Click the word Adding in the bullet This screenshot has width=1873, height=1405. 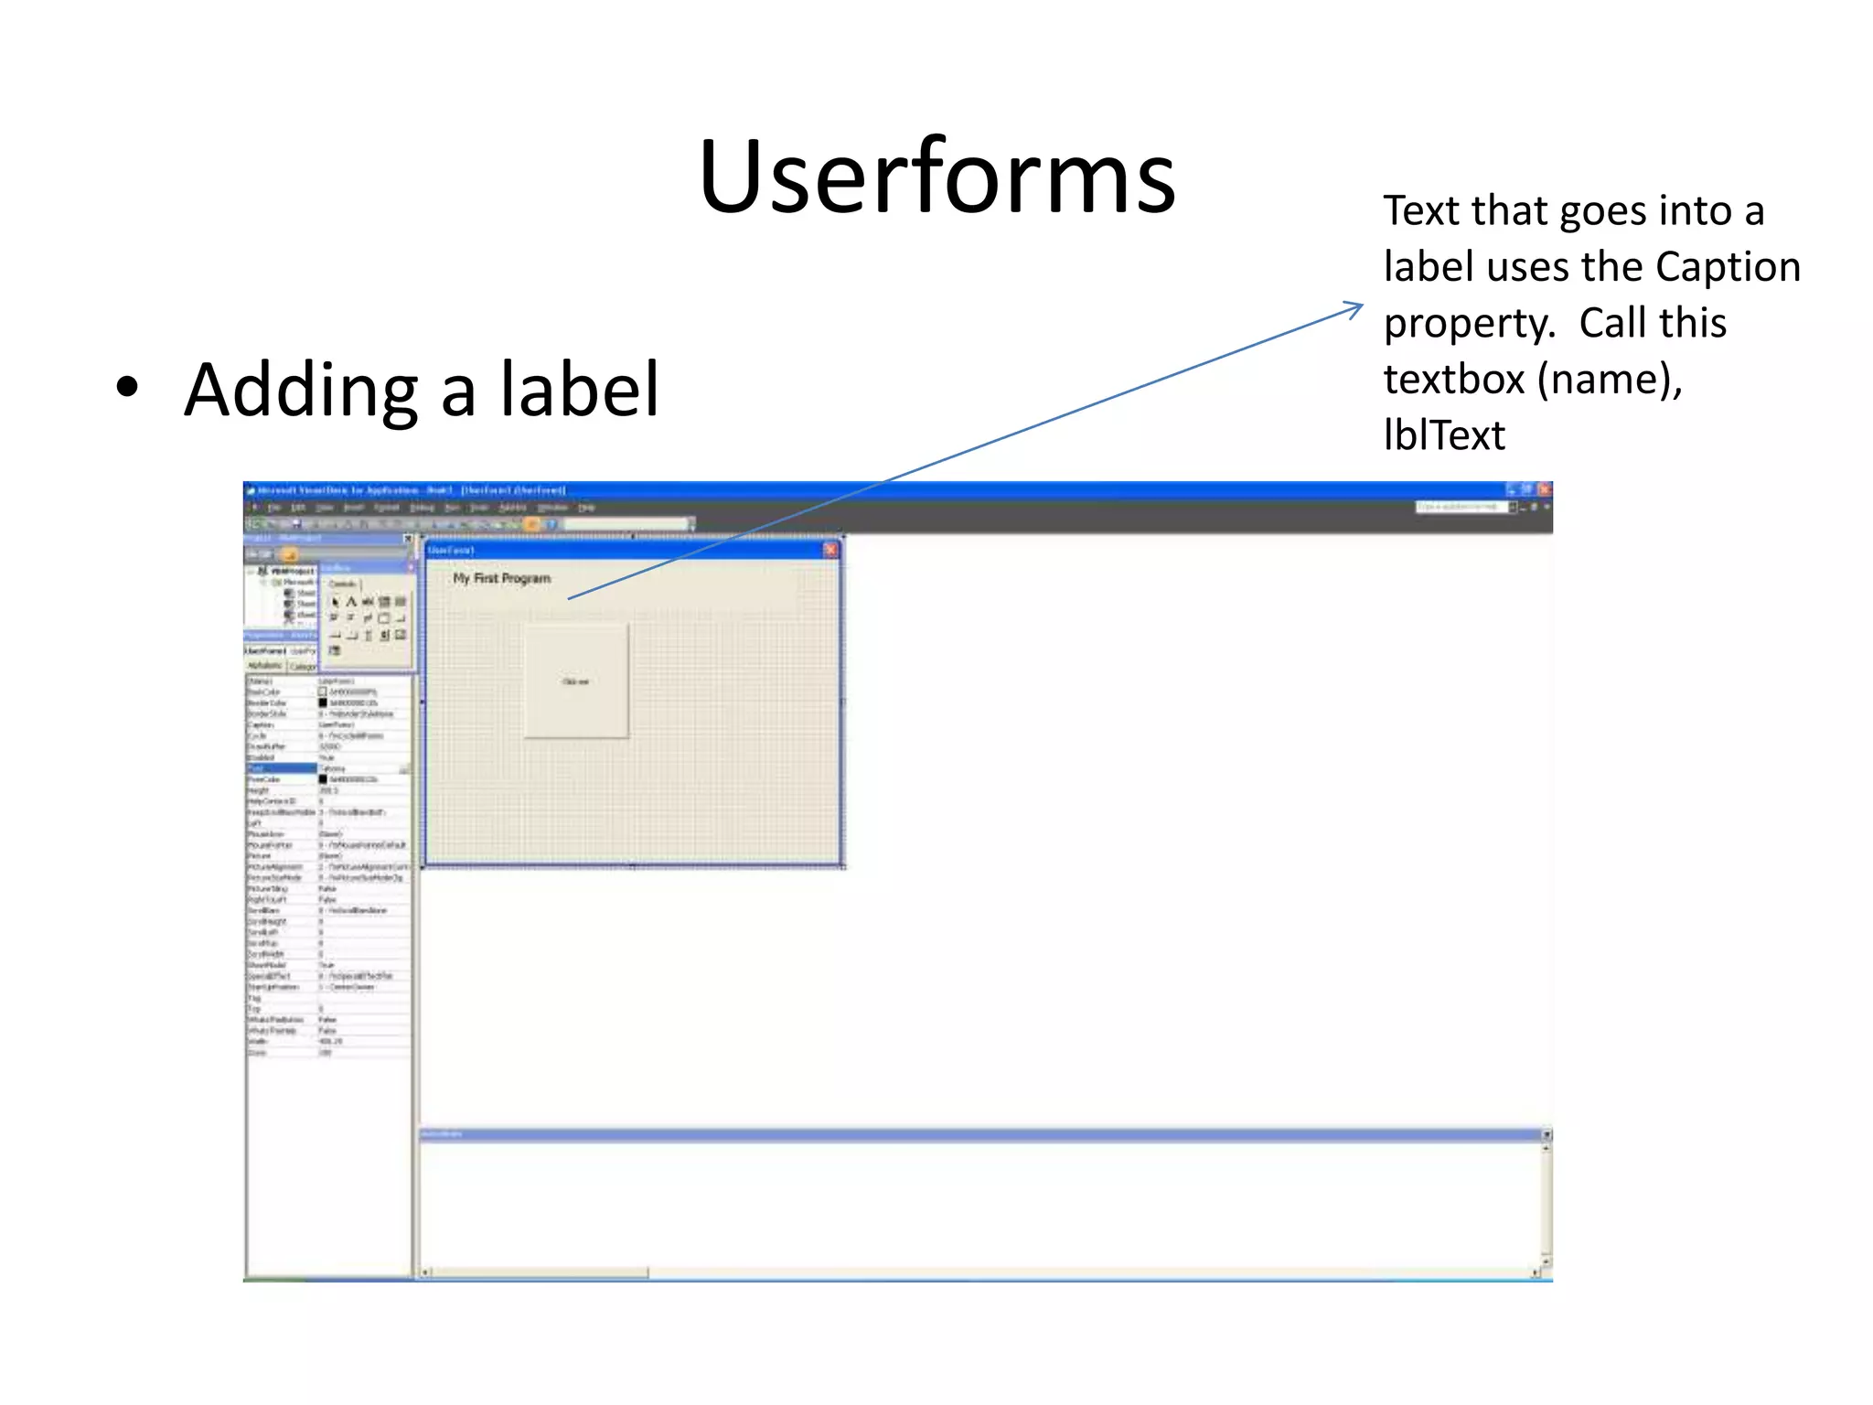[301, 391]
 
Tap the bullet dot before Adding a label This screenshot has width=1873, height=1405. [127, 387]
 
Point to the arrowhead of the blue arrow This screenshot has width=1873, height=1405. [1359, 306]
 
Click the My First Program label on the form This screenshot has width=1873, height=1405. [501, 578]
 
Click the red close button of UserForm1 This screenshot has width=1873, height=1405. [830, 550]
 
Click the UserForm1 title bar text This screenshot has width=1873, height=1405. [451, 551]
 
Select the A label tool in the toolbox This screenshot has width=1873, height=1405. [350, 602]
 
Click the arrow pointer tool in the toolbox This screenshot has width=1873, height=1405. [335, 602]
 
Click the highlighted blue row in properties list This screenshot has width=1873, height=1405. [281, 768]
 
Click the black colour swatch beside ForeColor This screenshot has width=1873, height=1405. [323, 779]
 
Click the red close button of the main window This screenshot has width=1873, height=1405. [1544, 490]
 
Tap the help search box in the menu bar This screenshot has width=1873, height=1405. [1460, 507]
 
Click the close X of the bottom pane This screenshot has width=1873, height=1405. [1546, 1135]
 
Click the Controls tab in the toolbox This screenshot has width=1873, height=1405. [342, 584]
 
